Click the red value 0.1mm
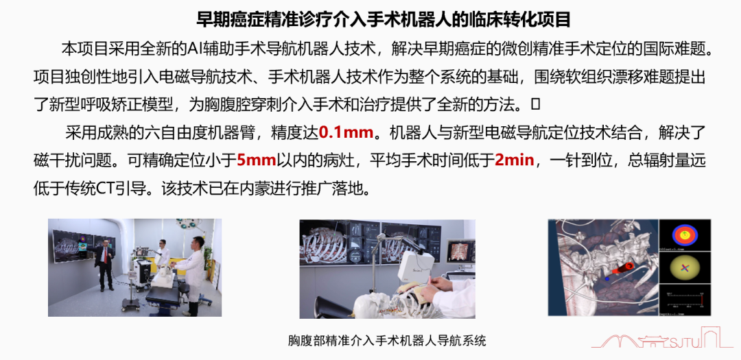click(346, 132)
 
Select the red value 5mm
click(256, 160)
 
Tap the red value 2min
click(515, 160)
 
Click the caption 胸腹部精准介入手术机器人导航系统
click(387, 340)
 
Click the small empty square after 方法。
click(535, 104)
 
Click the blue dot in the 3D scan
click(607, 279)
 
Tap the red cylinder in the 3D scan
click(624, 268)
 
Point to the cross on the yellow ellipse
click(684, 268)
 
